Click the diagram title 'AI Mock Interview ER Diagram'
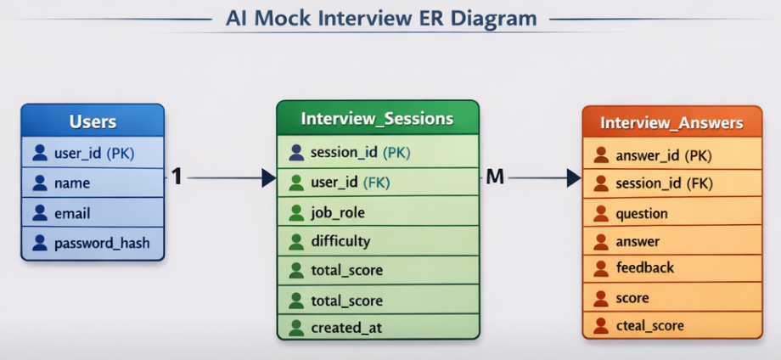pyautogui.click(x=381, y=18)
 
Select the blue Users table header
pyautogui.click(x=93, y=121)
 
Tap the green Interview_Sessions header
pyautogui.click(x=377, y=118)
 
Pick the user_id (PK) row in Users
pyautogui.click(x=93, y=153)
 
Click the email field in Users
pyautogui.click(x=72, y=213)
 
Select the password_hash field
pyautogui.click(x=101, y=244)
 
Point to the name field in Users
pyautogui.click(x=72, y=183)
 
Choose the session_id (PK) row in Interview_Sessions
pyautogui.click(x=360, y=152)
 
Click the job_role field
pyautogui.click(x=338, y=212)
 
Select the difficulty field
pyautogui.click(x=340, y=241)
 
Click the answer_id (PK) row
pyautogui.click(x=663, y=155)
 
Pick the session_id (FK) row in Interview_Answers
pyautogui.click(x=663, y=183)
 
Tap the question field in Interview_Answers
pyautogui.click(x=642, y=214)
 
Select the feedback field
pyautogui.click(x=644, y=267)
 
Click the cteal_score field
pyautogui.click(x=649, y=325)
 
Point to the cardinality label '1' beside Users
pyautogui.click(x=177, y=177)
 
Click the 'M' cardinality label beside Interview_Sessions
pyautogui.click(x=494, y=177)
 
